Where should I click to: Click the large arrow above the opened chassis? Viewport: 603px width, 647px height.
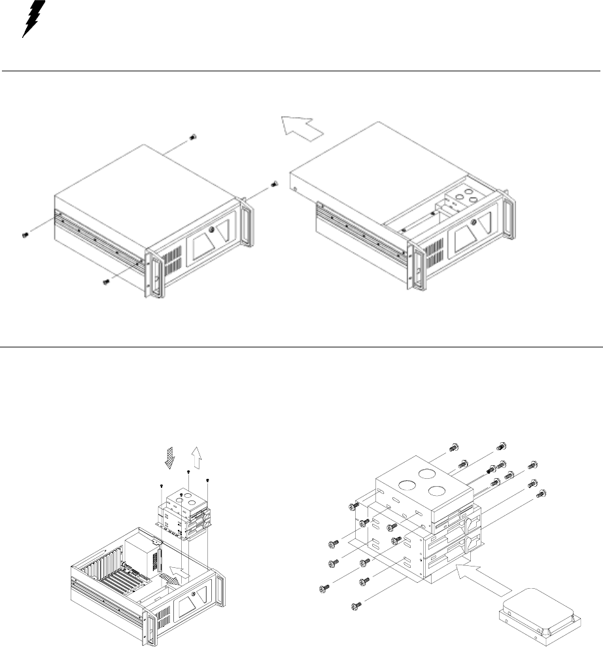coord(302,125)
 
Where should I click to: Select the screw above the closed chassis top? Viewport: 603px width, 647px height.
coord(193,137)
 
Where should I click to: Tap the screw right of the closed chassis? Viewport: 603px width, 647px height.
coord(275,184)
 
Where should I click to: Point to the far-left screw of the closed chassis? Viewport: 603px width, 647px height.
coord(24,234)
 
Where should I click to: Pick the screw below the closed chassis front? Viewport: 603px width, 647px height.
coord(105,281)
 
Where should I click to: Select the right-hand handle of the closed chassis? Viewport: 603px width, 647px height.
coord(247,222)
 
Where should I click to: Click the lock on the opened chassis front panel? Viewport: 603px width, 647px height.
coord(473,221)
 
